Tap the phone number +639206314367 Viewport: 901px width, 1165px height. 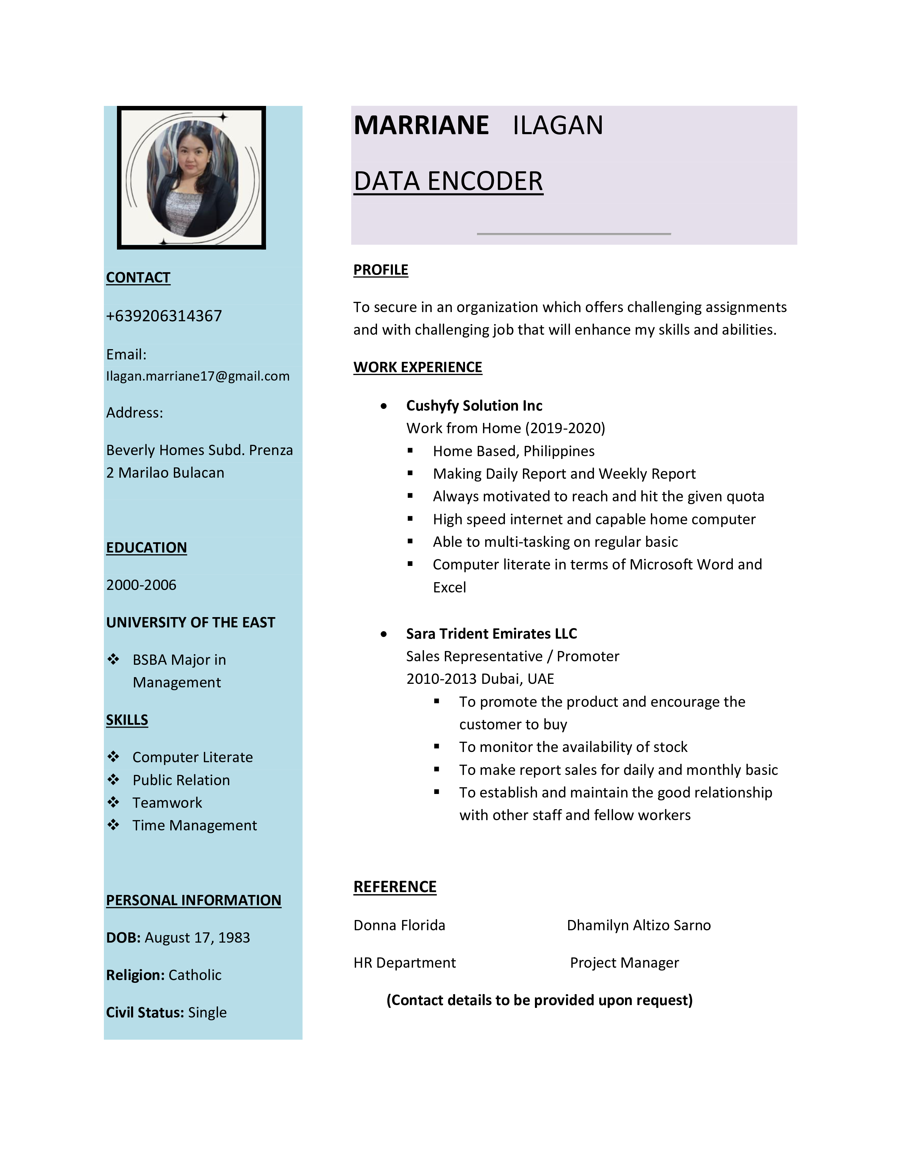coord(164,316)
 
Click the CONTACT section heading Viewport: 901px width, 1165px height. coord(138,278)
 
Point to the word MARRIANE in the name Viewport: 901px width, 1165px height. coord(421,126)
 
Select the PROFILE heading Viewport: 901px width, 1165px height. coord(381,270)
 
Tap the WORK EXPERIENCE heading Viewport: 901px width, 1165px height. coord(417,368)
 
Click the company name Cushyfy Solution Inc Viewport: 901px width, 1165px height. coord(474,406)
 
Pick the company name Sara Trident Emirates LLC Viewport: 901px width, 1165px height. coord(491,634)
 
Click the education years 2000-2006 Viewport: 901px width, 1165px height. coord(141,585)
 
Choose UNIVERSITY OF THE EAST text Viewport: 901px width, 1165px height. coord(190,622)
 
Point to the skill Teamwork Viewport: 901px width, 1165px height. coord(167,803)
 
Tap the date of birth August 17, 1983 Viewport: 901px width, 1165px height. coord(197,938)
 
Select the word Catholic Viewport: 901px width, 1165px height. coord(195,975)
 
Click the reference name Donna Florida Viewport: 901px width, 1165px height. coord(399,926)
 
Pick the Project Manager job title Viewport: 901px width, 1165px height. coord(624,963)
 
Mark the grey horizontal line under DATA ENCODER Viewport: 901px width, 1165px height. coord(574,234)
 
